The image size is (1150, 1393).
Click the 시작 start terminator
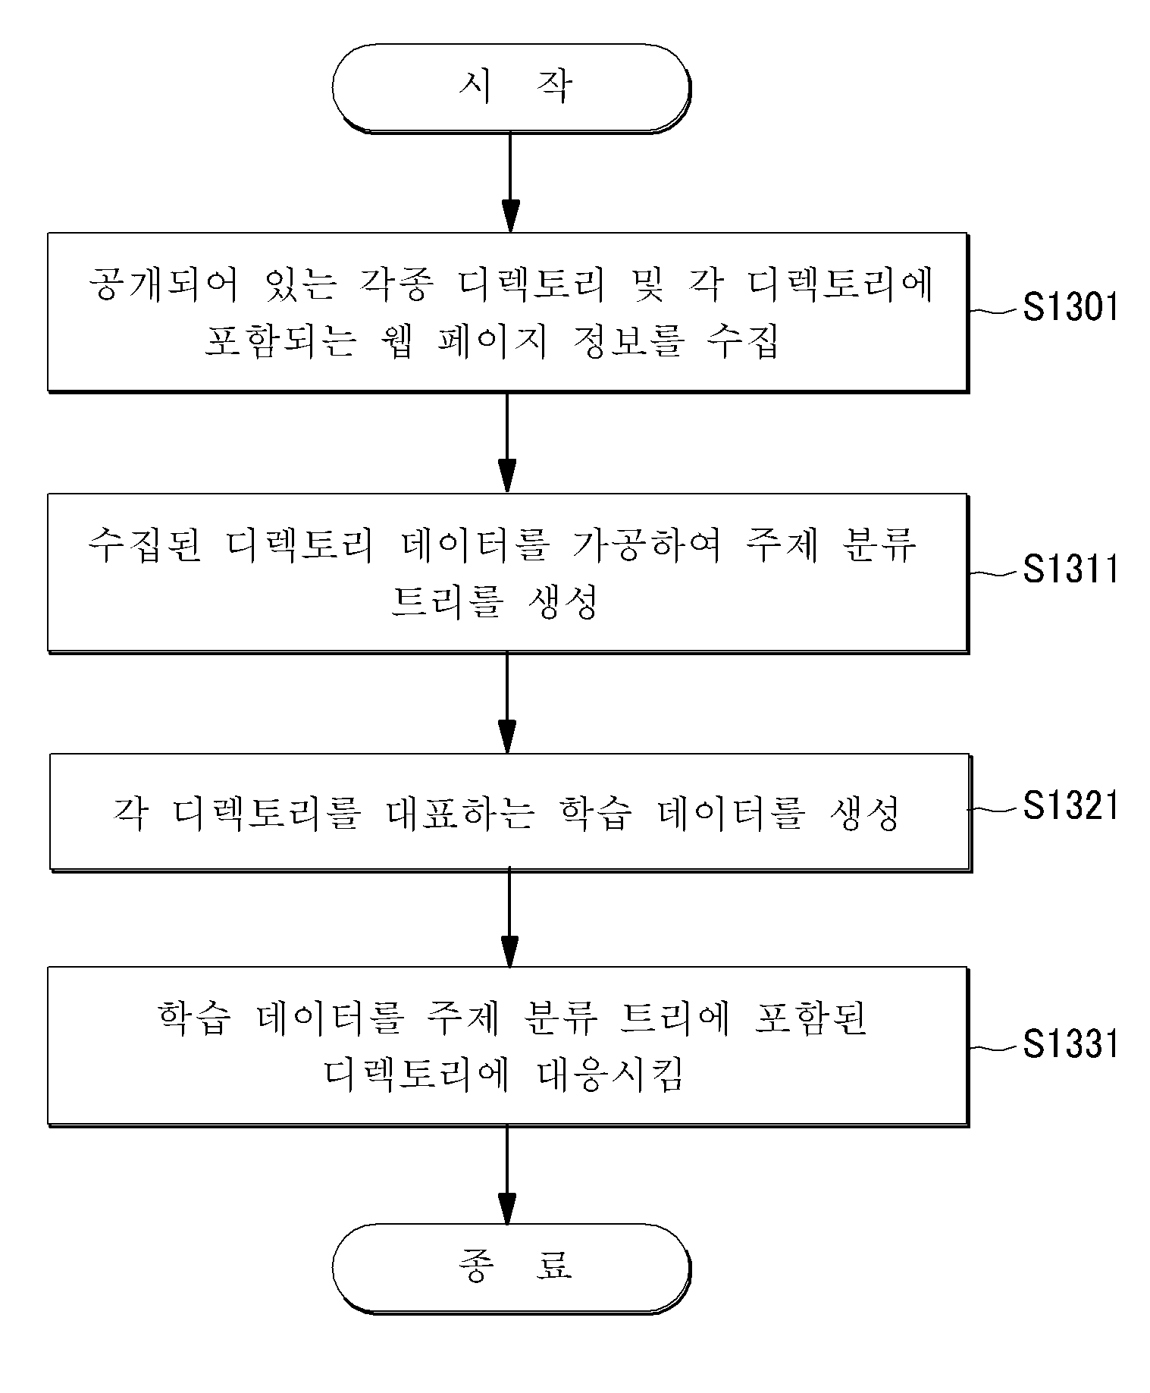[511, 89]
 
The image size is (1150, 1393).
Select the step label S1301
[1070, 308]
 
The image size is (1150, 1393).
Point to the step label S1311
[1070, 569]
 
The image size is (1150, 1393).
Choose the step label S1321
[1070, 806]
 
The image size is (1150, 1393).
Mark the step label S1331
[1070, 1043]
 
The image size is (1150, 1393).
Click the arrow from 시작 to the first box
[510, 183]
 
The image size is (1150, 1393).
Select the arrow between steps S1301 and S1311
[507, 442]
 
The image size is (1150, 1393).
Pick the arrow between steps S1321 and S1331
[510, 918]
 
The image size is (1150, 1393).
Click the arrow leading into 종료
[507, 1174]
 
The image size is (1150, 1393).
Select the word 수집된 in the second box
[144, 545]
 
